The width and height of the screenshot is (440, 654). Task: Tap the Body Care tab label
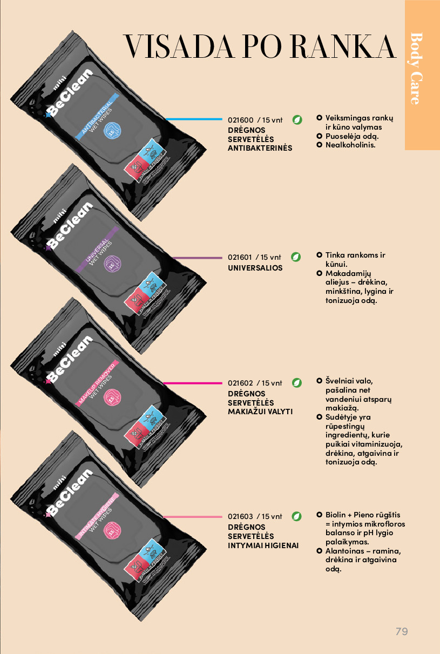pos(416,69)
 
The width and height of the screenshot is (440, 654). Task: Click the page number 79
pos(401,631)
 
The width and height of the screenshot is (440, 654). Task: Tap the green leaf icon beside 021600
pos(296,120)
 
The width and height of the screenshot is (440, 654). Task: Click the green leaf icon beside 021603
pos(296,516)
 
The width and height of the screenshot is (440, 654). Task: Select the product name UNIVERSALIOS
pos(255,268)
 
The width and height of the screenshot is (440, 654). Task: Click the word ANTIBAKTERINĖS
pos(260,148)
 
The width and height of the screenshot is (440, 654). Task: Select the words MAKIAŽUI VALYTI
pos(260,412)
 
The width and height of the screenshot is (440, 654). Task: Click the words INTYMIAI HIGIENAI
pos(263,545)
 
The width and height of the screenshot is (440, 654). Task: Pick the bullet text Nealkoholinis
pos(350,145)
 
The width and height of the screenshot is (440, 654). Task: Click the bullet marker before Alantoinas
pos(319,551)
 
